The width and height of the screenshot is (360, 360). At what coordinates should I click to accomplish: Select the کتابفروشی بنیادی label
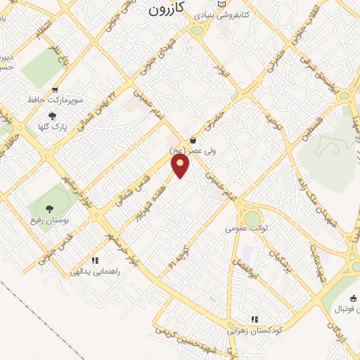point(222,14)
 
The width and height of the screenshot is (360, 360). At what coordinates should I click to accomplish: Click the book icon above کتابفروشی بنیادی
point(223,4)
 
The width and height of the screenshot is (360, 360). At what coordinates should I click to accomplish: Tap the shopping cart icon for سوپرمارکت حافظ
point(55,90)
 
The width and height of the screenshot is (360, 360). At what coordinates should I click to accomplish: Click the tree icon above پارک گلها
point(51,116)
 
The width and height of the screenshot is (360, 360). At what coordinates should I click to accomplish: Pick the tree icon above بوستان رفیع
point(49,209)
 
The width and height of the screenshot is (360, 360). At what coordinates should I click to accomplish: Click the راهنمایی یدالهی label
point(95,271)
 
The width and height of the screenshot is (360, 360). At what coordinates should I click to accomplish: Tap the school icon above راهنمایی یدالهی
point(95,260)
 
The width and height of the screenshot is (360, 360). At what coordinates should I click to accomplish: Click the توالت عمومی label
point(243,228)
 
